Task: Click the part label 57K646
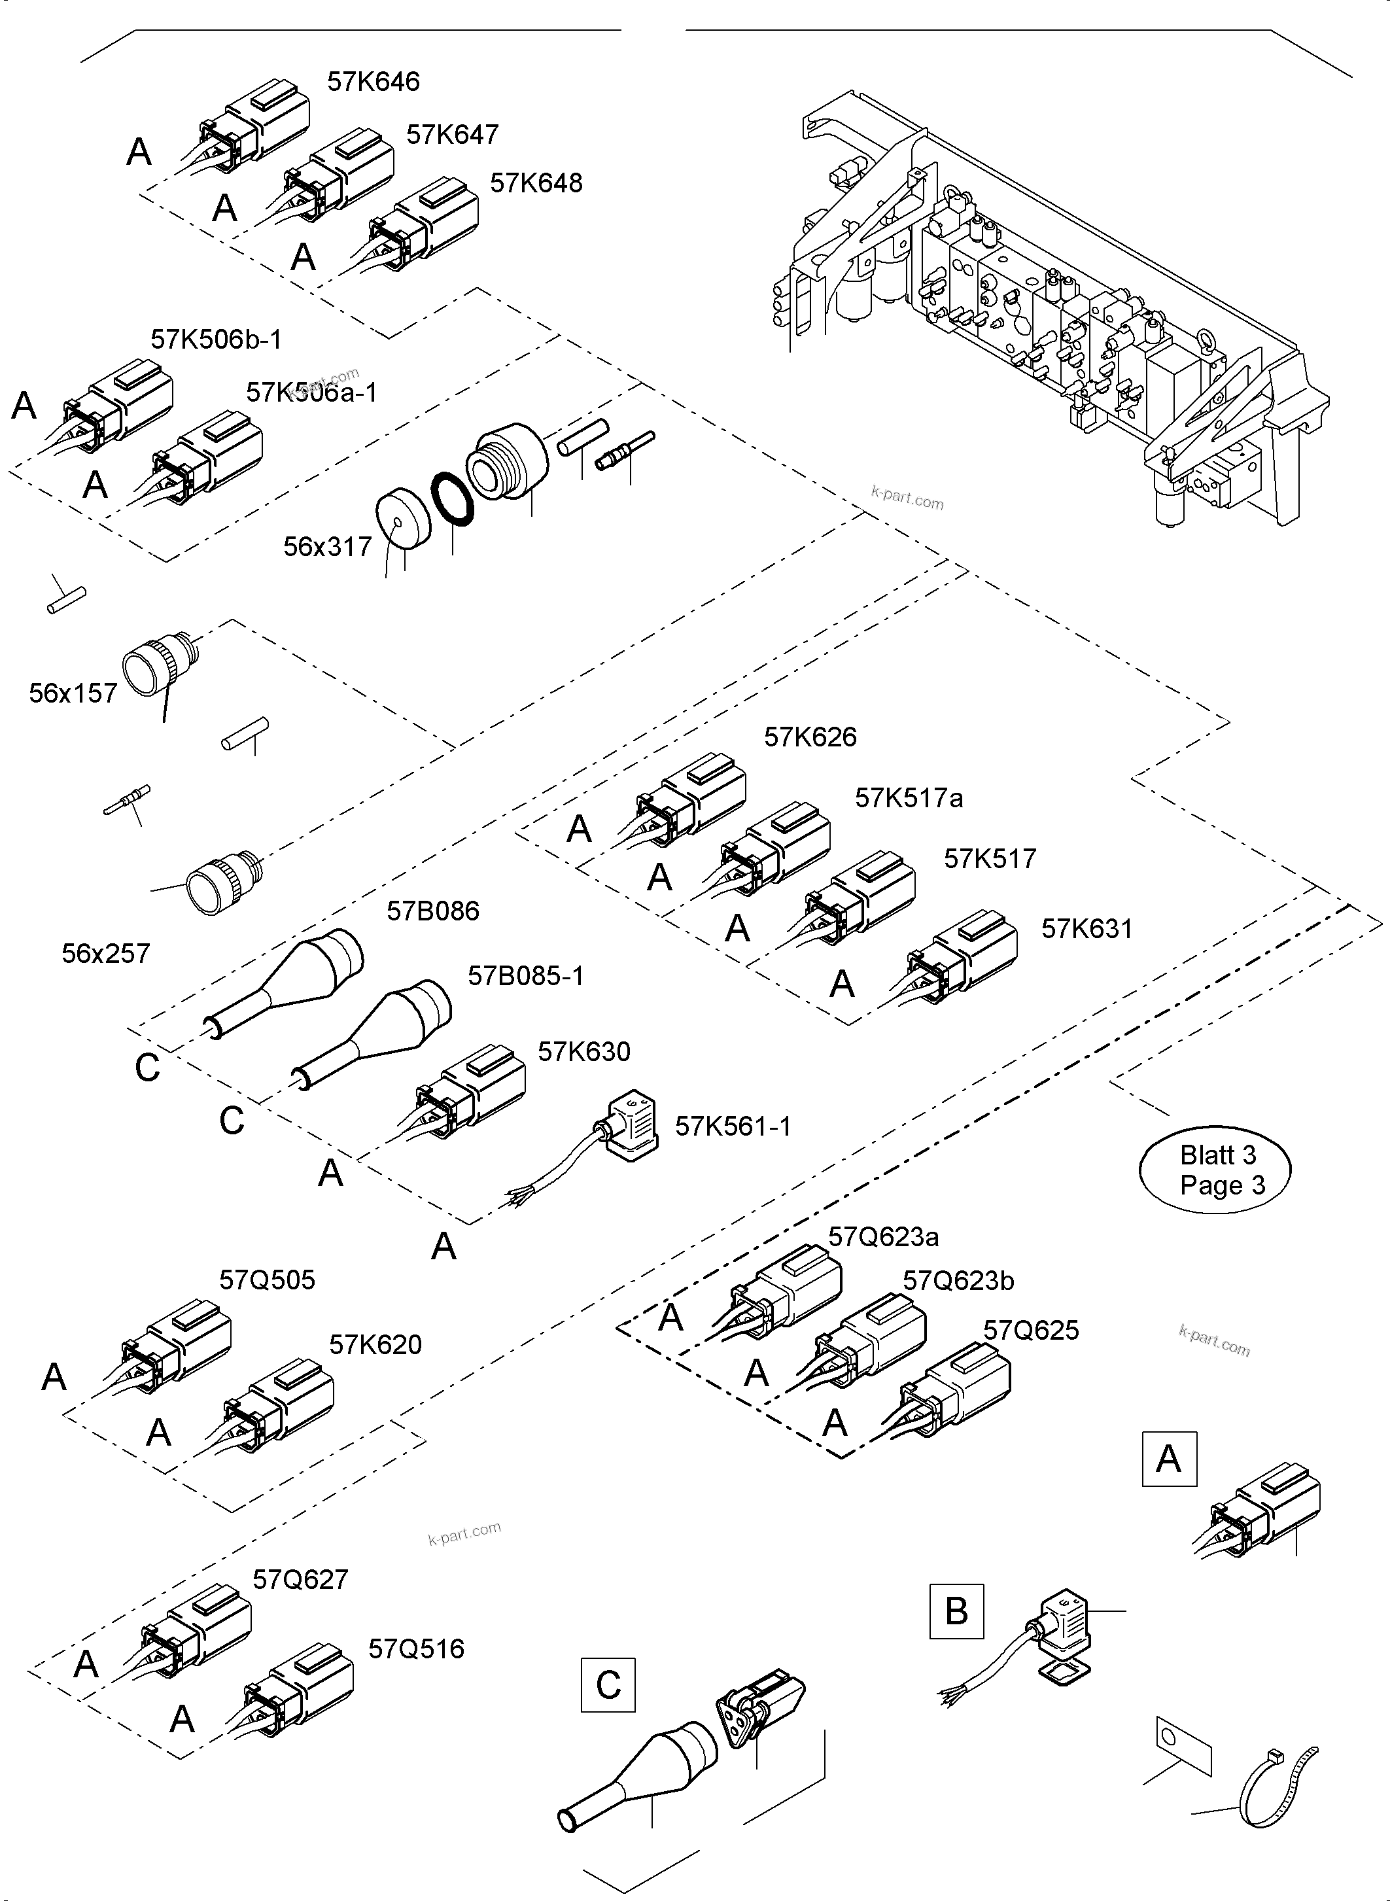coord(373,82)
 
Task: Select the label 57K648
coord(536,183)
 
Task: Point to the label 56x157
coord(73,693)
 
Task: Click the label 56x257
coord(105,954)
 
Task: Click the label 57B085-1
coord(525,975)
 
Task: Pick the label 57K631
coord(1086,929)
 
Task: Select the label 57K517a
coord(908,798)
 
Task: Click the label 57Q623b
coord(958,1281)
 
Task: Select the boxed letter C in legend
coord(608,1686)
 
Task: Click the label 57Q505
coord(267,1280)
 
